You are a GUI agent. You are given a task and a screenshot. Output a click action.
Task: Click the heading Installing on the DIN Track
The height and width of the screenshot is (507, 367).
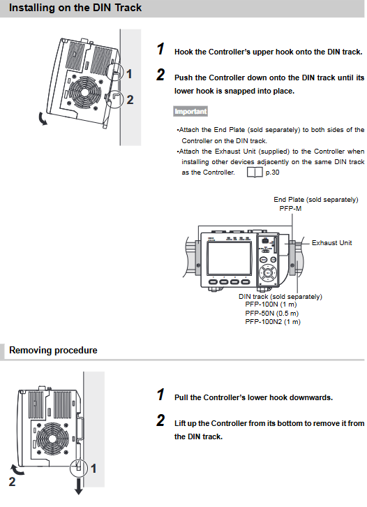75,8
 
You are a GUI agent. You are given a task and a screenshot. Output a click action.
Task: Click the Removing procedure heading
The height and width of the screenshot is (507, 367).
53,350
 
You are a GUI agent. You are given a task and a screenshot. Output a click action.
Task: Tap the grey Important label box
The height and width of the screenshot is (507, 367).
190,111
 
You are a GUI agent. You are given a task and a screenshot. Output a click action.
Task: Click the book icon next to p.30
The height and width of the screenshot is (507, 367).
255,172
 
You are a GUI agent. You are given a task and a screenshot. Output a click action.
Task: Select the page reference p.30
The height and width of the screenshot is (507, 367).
272,172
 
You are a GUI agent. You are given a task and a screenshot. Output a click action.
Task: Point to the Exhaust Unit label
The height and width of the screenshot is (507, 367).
331,243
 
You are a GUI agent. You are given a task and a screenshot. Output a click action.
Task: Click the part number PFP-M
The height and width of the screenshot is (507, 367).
290,209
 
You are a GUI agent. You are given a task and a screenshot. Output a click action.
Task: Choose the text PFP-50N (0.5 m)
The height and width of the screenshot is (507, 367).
271,313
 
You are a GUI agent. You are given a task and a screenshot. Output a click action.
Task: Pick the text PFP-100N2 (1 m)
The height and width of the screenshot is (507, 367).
273,322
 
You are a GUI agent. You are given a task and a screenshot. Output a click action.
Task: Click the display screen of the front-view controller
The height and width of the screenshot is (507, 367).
229,258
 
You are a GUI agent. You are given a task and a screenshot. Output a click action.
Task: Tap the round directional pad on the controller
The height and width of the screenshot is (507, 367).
268,273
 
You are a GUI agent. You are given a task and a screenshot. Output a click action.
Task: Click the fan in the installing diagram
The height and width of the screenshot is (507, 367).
84,92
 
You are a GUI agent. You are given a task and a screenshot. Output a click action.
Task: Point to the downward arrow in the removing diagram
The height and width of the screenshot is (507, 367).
79,486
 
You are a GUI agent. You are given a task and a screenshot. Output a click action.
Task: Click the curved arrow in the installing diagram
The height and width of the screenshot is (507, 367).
42,119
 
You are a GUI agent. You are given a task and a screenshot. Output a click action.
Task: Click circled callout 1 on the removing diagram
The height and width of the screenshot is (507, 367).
79,468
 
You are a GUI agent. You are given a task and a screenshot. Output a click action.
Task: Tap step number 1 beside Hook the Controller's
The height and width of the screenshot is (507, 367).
160,49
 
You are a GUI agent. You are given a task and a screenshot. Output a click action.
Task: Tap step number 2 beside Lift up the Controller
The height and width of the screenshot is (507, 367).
160,420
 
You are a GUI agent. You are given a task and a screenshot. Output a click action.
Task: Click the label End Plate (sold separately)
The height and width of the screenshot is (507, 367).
316,200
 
